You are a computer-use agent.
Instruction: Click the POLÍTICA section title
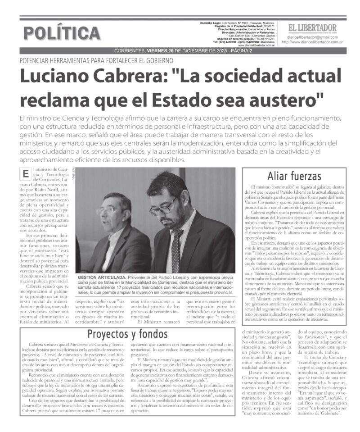point(62,33)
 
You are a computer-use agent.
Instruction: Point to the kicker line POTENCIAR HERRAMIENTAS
point(96,60)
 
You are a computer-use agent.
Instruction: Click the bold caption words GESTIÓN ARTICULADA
point(102,277)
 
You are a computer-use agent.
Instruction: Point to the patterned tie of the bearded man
point(177,250)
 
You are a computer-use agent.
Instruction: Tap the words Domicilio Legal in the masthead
point(214,23)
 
